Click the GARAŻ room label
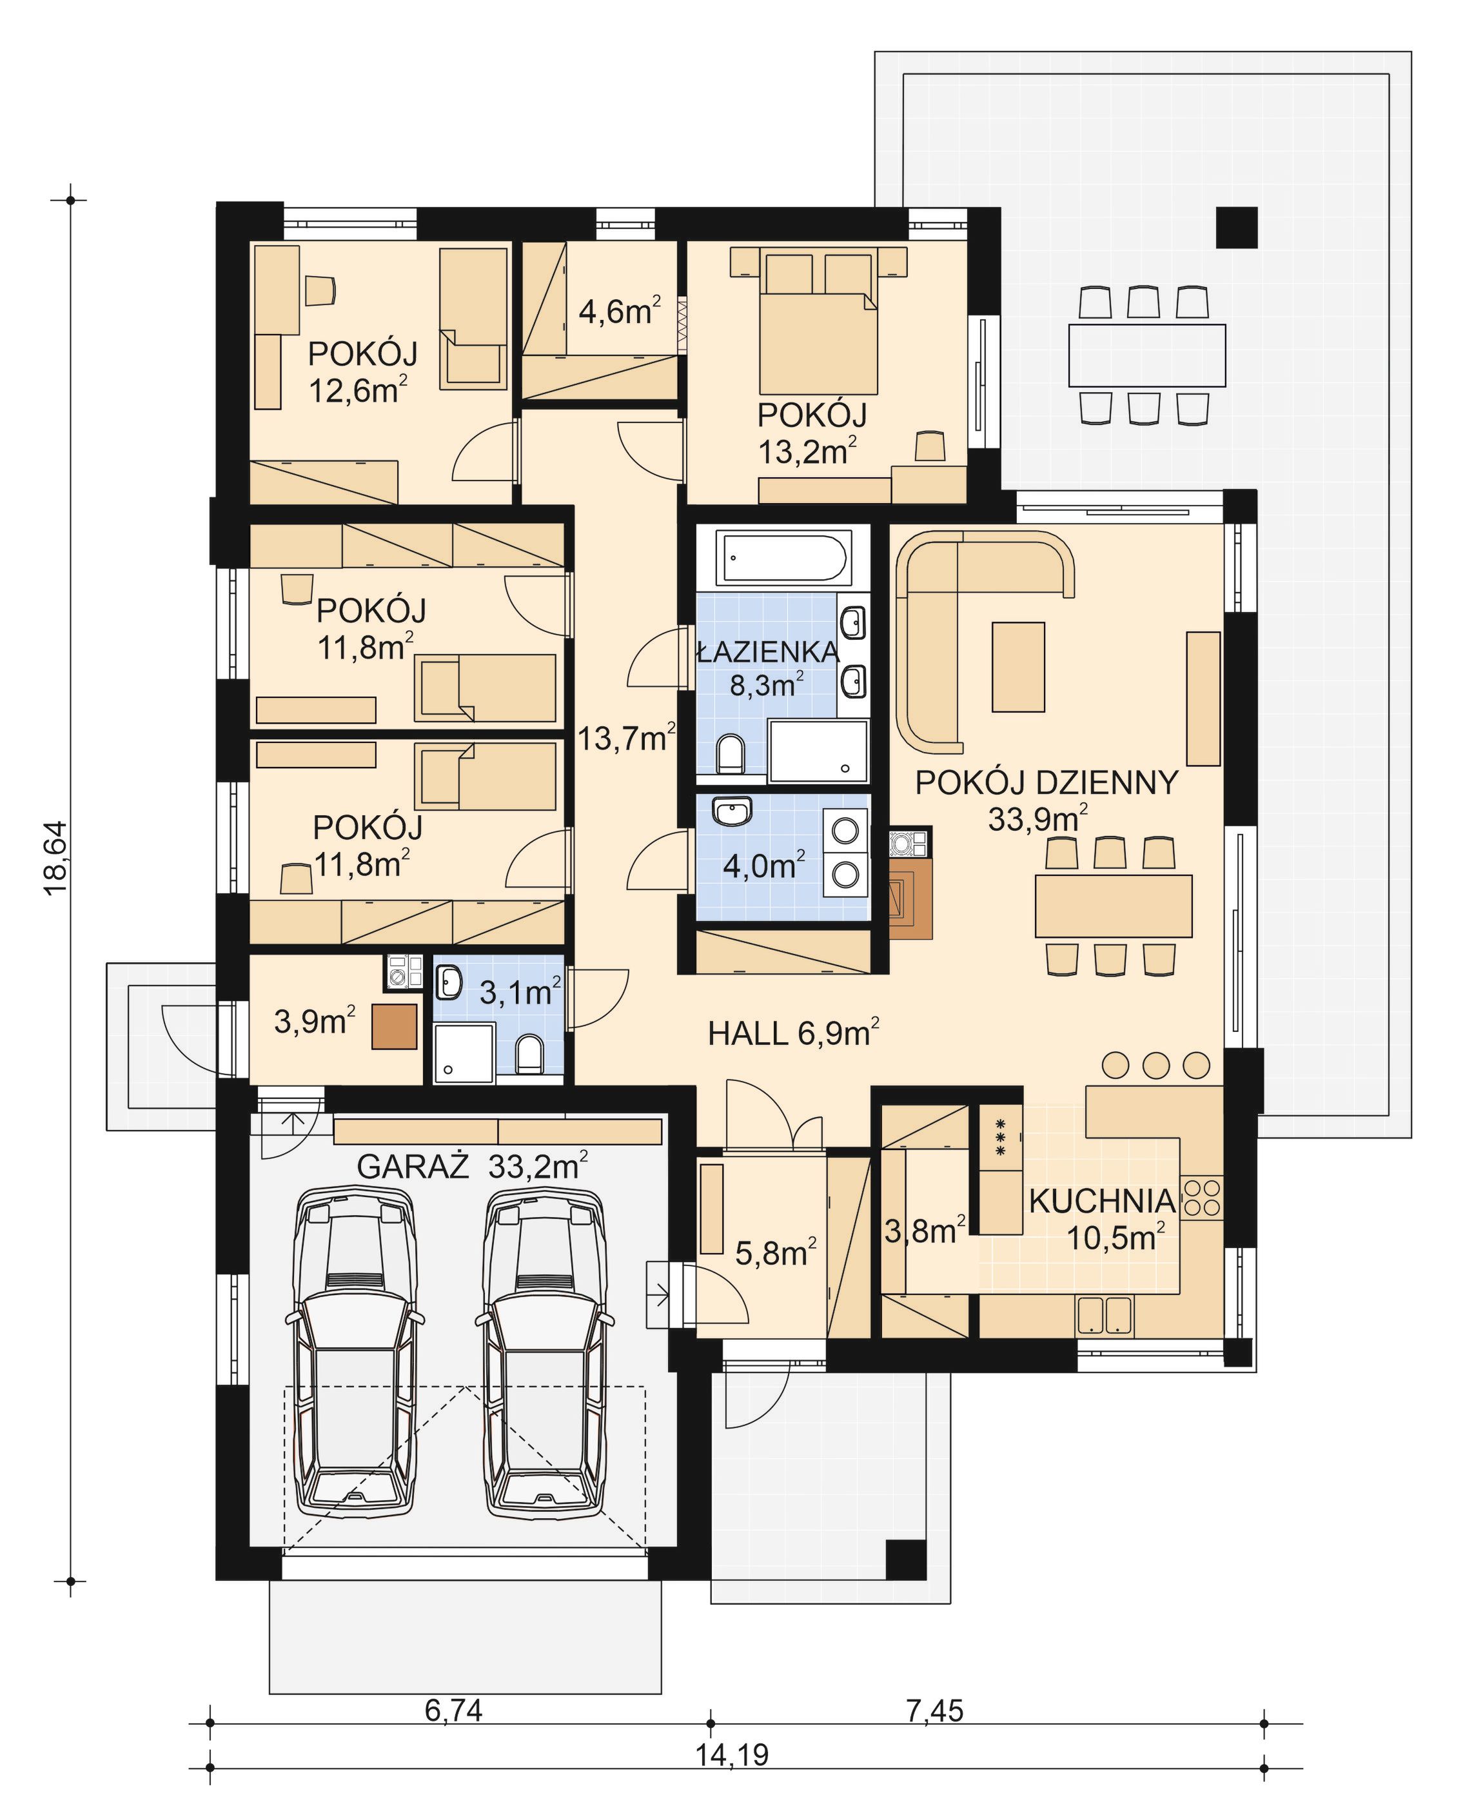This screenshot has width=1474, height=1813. tap(413, 1167)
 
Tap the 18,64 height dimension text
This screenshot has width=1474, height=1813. tap(56, 858)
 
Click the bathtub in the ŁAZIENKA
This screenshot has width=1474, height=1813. tap(783, 557)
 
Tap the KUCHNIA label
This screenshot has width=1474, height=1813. tap(1102, 1201)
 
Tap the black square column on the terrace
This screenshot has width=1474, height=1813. tap(1235, 228)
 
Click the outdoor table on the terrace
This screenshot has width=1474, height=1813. tap(1146, 355)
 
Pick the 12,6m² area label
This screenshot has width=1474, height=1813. tap(357, 391)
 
